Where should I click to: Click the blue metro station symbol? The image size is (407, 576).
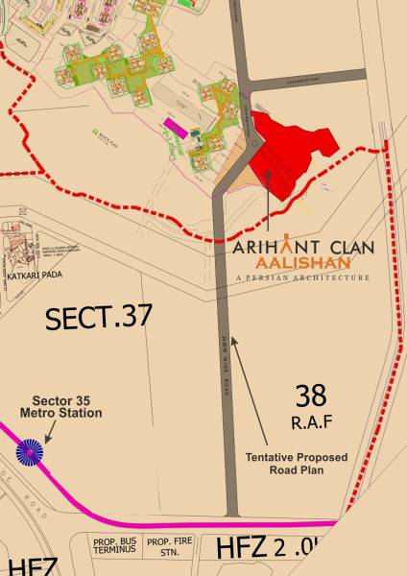pyautogui.click(x=29, y=452)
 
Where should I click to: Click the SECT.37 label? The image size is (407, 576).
pyautogui.click(x=98, y=317)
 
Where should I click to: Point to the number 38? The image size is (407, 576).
pyautogui.click(x=311, y=394)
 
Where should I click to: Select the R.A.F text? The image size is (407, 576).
pyautogui.click(x=311, y=420)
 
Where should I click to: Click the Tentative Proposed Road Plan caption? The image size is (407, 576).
pyautogui.click(x=296, y=464)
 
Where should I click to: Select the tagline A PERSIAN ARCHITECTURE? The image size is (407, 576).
pyautogui.click(x=301, y=277)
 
